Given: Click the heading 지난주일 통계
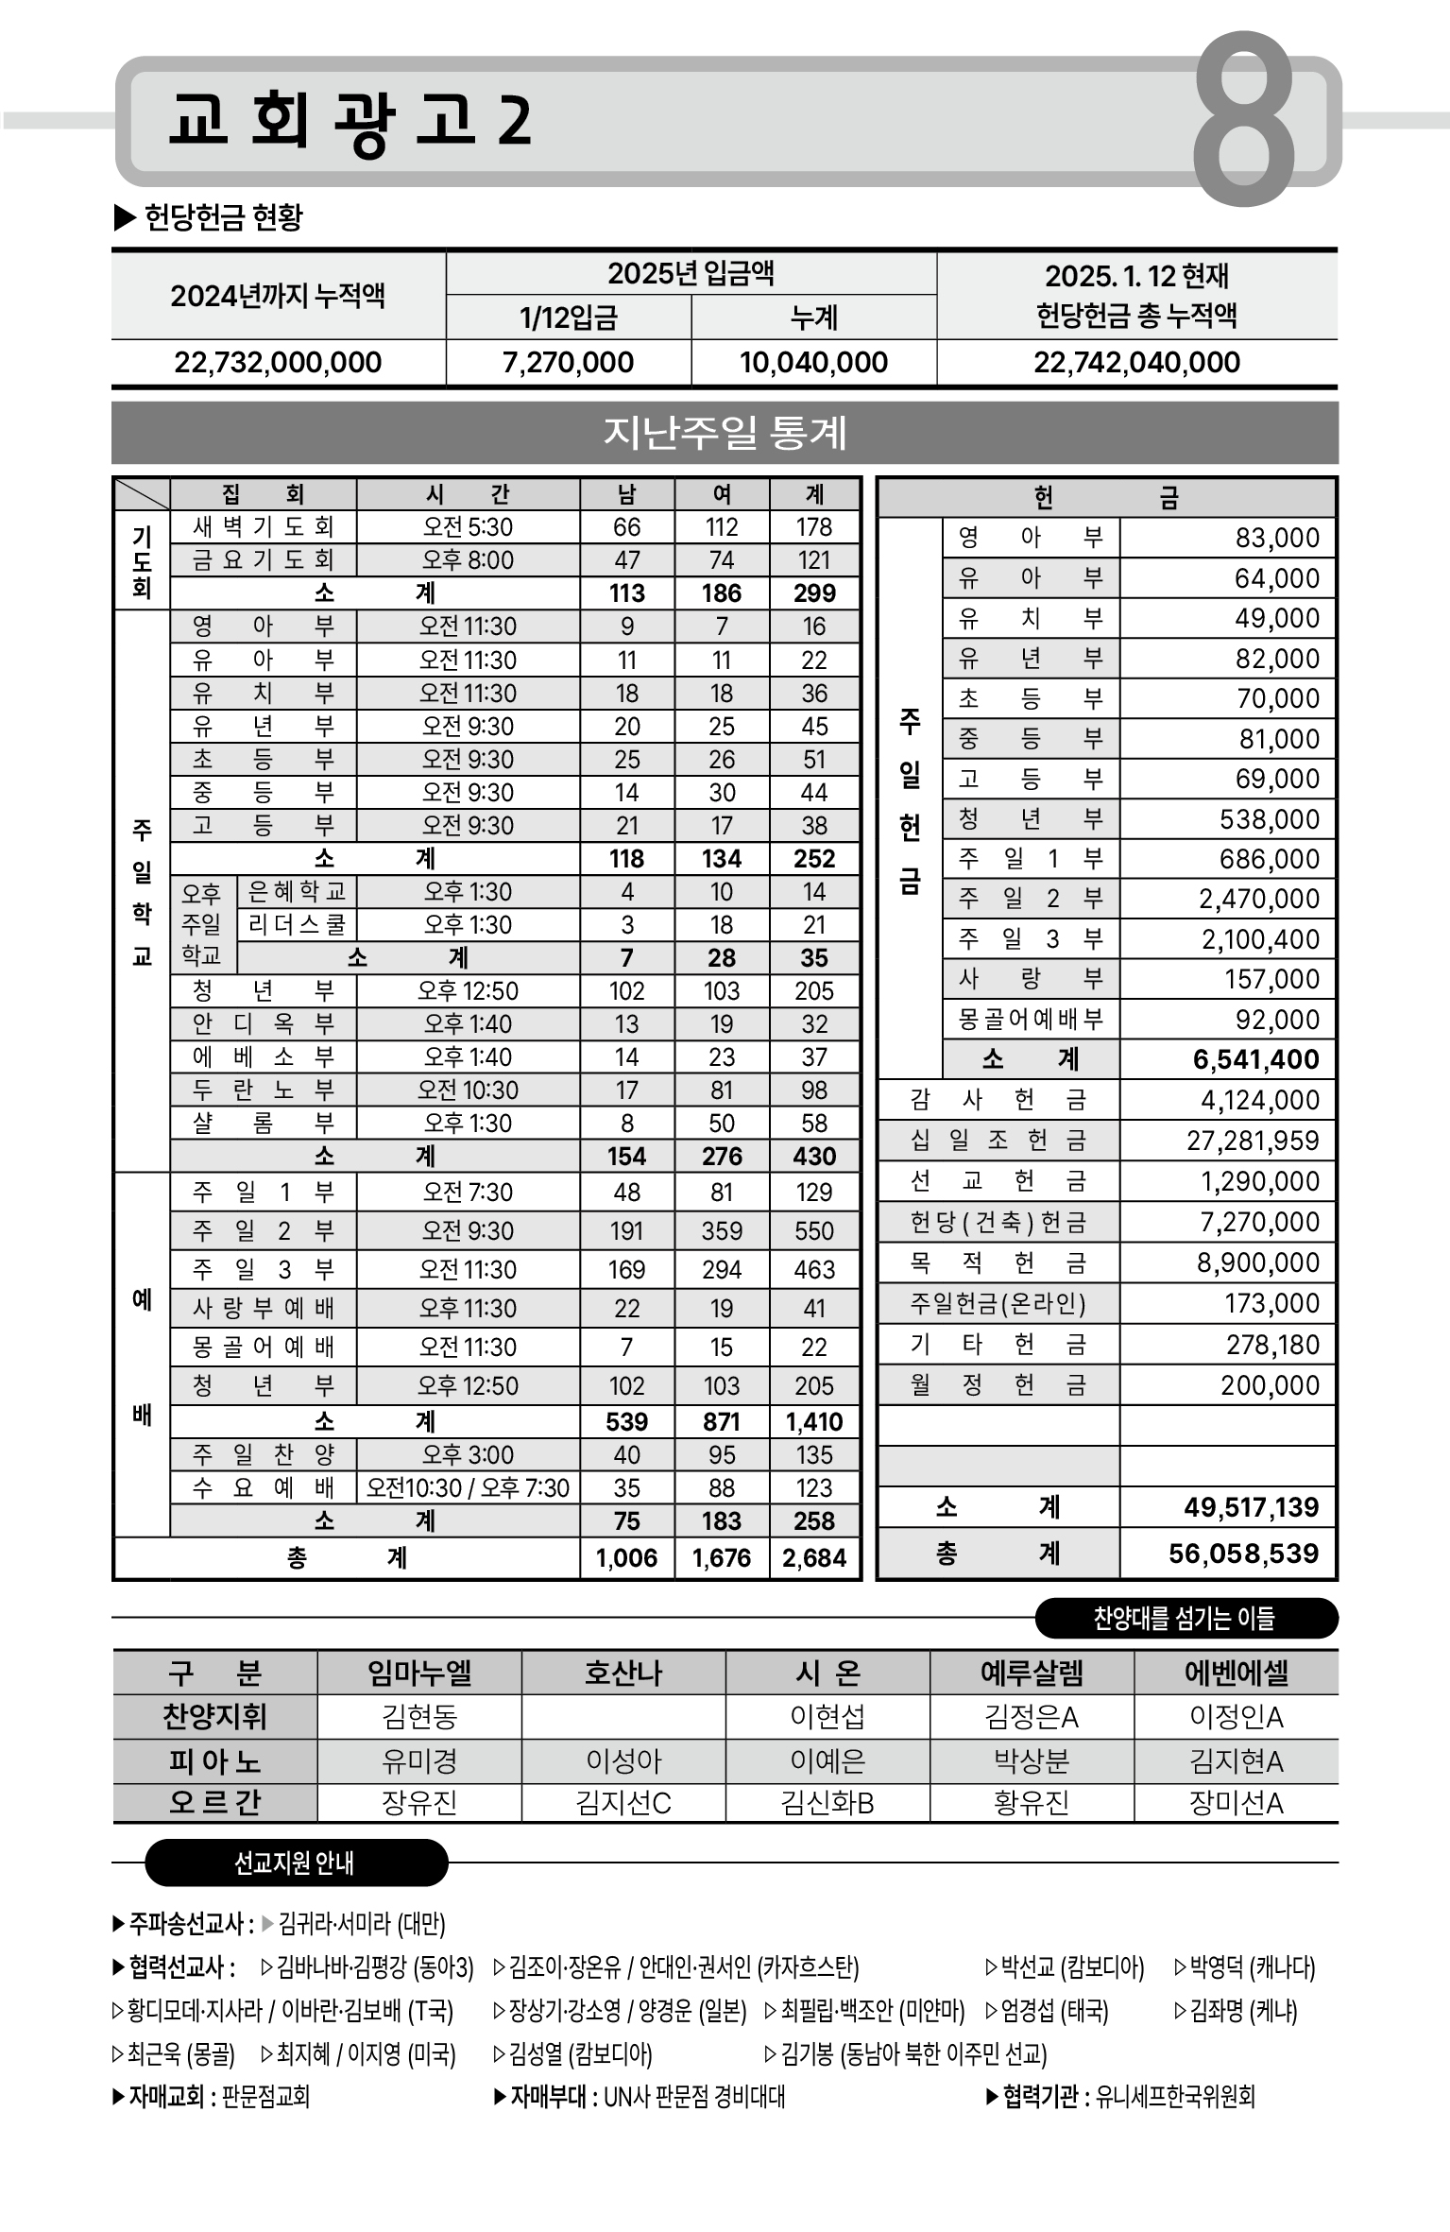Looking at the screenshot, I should (725, 433).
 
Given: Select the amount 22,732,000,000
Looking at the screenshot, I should (278, 362).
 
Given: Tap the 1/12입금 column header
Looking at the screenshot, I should (568, 318).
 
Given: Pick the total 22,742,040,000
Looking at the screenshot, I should (1136, 362).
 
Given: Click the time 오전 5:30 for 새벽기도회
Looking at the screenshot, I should (468, 527).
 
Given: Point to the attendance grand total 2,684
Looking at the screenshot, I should (813, 1557).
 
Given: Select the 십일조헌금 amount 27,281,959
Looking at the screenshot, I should (1253, 1141).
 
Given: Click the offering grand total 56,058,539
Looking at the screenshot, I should (1243, 1554).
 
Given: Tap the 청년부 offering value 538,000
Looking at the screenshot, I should (1270, 818).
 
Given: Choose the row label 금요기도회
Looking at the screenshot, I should (263, 560).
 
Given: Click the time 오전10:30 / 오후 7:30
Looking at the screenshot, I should (468, 1488).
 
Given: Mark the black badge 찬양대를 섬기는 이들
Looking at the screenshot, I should (1185, 1619).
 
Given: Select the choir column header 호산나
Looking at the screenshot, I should (623, 1674).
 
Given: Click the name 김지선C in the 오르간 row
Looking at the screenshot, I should (623, 1803).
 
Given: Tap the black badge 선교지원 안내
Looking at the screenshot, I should (295, 1863).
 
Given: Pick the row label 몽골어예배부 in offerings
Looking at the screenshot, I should (1030, 1020).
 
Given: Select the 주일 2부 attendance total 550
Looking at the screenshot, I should (813, 1231).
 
